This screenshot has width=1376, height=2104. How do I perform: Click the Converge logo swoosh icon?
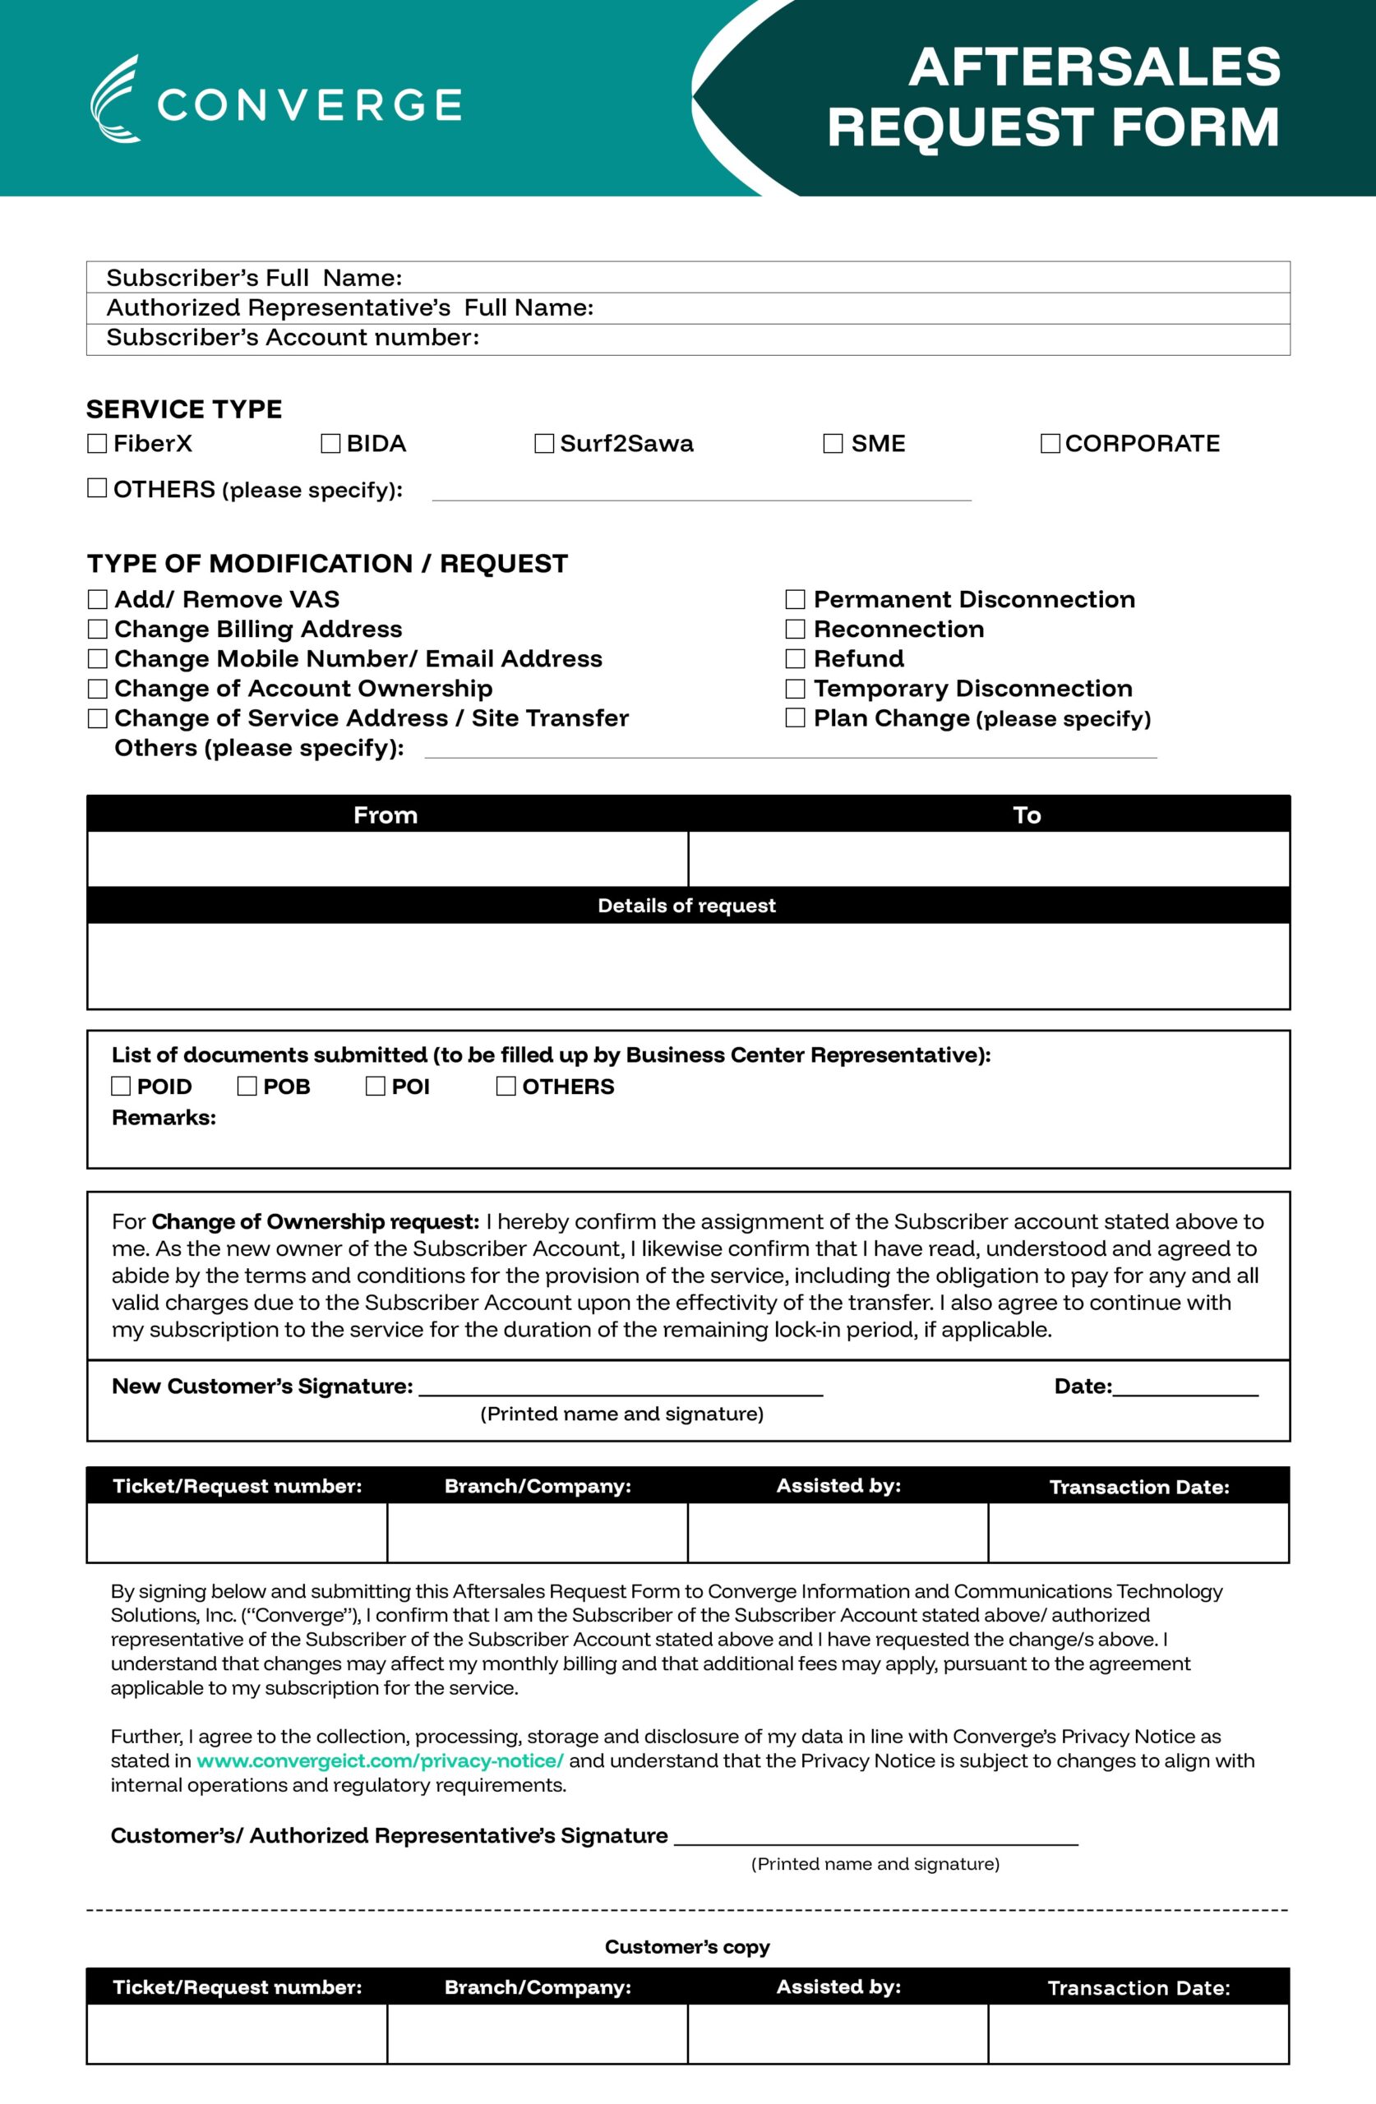point(115,99)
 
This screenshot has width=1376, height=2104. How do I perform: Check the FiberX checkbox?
point(97,444)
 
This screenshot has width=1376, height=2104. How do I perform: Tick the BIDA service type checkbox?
point(330,444)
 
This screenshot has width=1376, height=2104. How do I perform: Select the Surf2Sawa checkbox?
point(545,444)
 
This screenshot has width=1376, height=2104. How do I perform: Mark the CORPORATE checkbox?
point(1050,444)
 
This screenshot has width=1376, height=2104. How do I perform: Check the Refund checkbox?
point(796,658)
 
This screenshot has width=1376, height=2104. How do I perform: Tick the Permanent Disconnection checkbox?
point(796,599)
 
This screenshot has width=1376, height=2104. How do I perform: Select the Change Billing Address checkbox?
point(97,630)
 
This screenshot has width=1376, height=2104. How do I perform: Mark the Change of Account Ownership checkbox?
point(97,689)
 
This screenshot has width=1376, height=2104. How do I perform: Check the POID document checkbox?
point(121,1087)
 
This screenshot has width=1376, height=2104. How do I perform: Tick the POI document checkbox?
point(376,1087)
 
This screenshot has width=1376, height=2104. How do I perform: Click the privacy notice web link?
point(380,1760)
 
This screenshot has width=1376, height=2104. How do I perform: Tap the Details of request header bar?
point(687,905)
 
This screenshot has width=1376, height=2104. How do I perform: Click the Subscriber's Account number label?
point(293,338)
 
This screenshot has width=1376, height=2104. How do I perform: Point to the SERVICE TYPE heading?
point(184,409)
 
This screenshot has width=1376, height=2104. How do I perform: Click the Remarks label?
point(164,1118)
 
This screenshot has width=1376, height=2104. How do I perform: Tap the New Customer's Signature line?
point(621,1388)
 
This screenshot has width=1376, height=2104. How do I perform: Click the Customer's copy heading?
point(687,1947)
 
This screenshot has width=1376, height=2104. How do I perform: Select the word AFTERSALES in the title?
point(1095,67)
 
